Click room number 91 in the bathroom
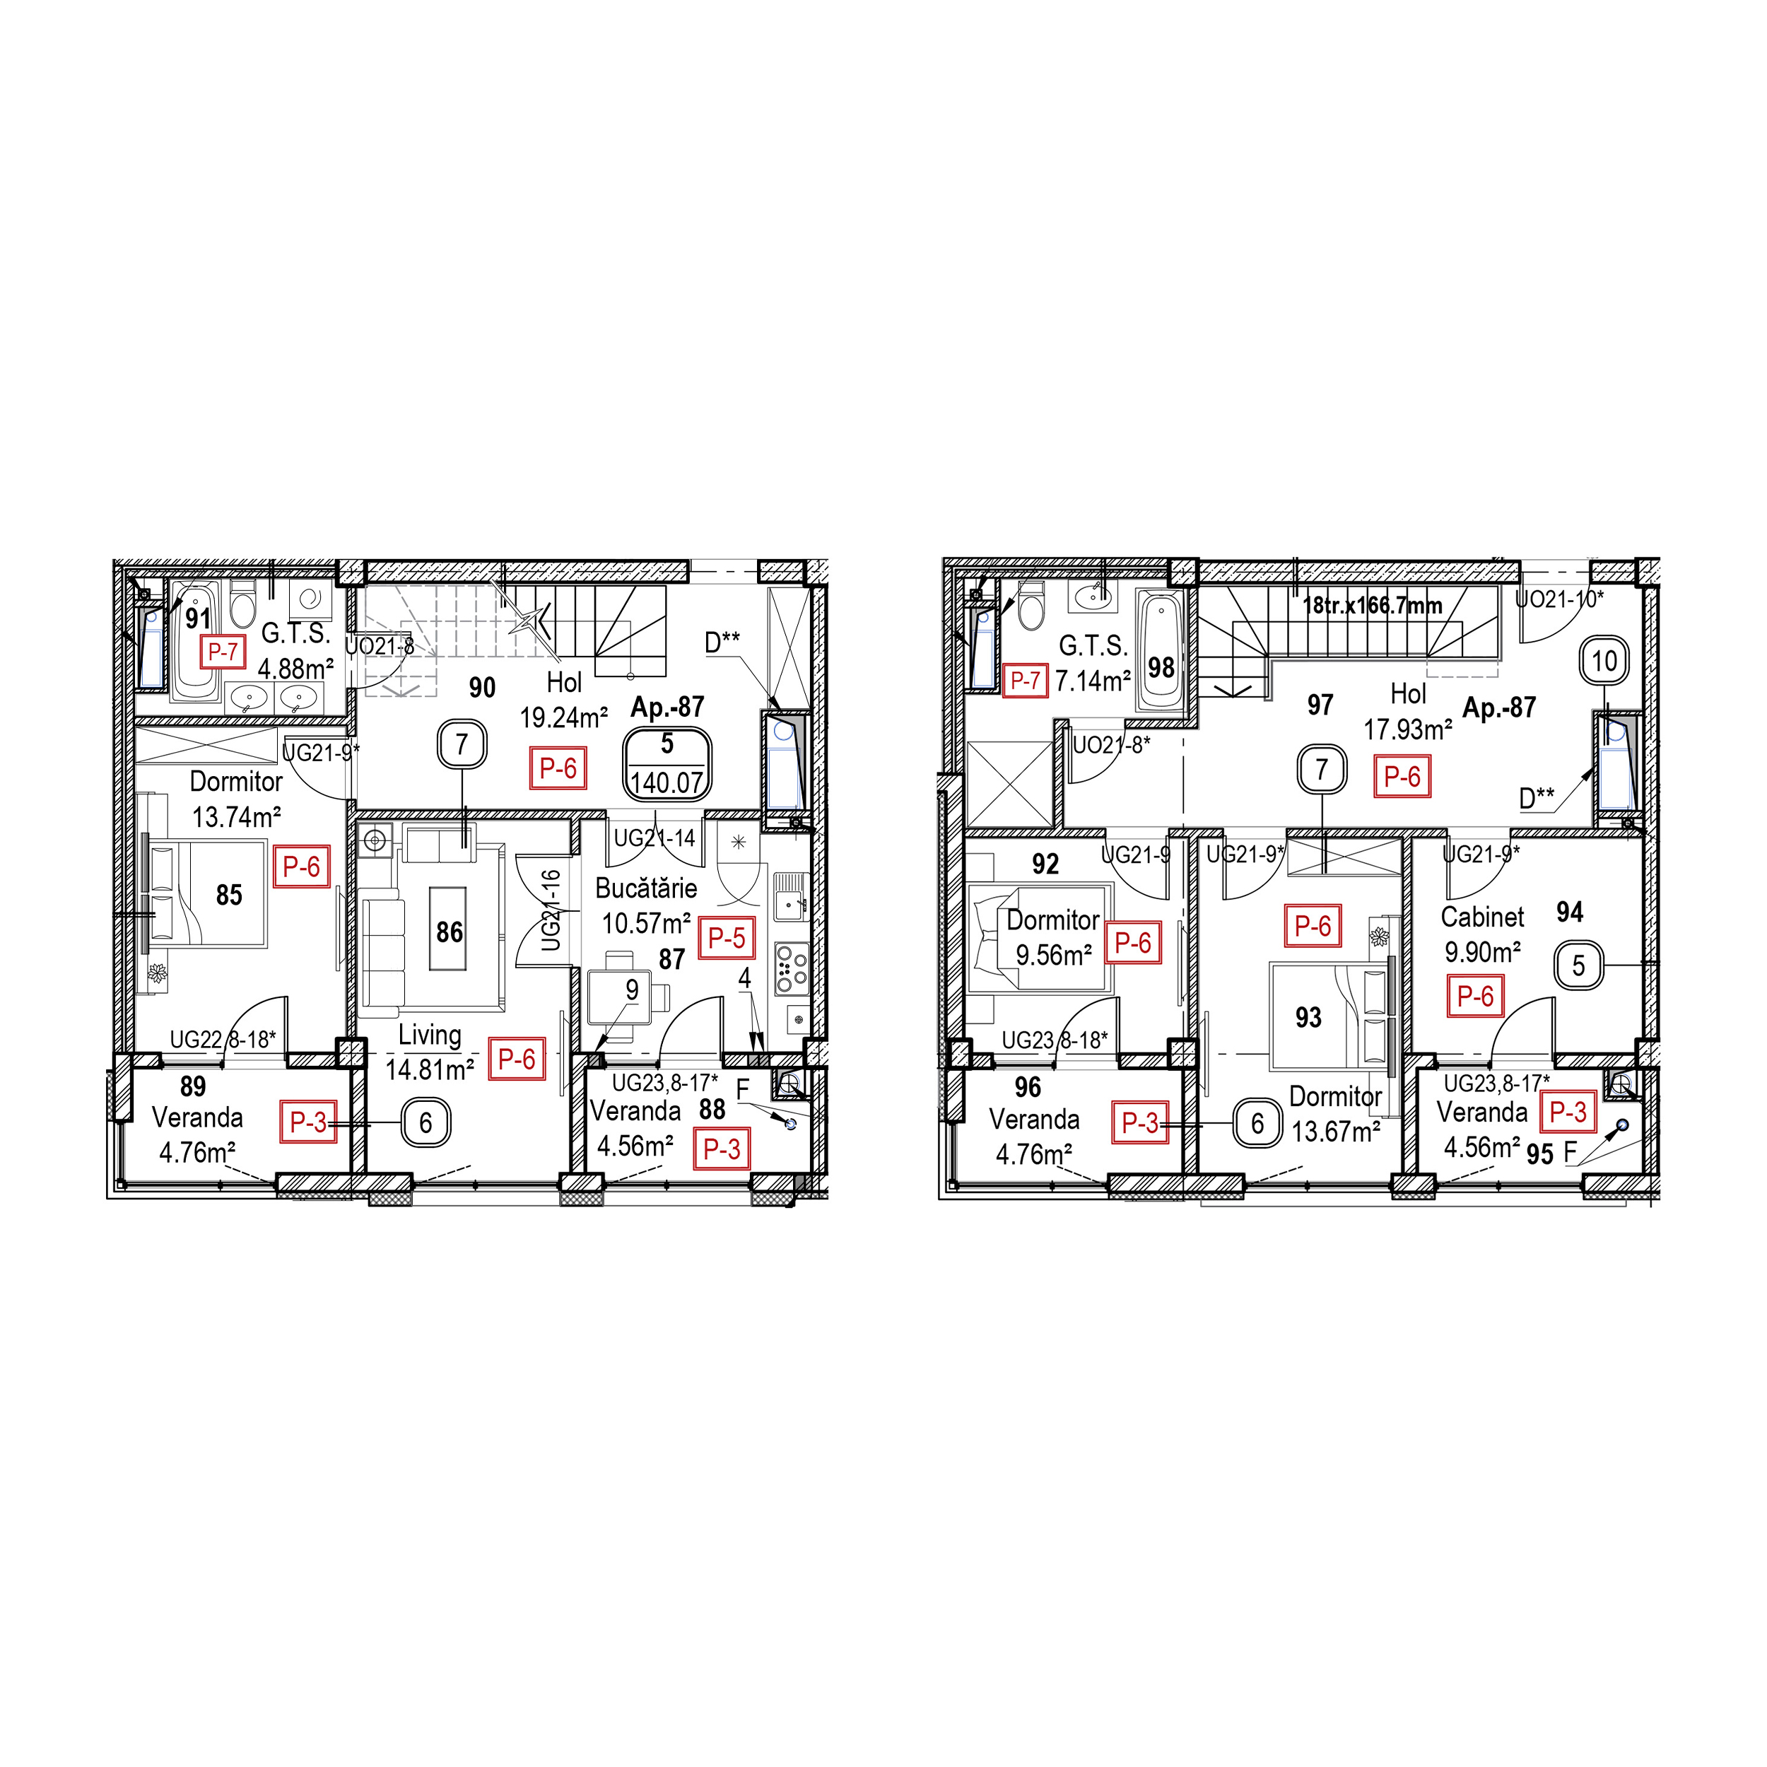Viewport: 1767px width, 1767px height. pyautogui.click(x=198, y=619)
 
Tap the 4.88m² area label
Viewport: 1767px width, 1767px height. pyautogui.click(x=295, y=669)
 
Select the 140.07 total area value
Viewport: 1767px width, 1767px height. pyautogui.click(x=667, y=783)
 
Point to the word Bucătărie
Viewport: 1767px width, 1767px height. pyautogui.click(x=646, y=888)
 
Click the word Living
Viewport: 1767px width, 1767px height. pyautogui.click(x=429, y=1035)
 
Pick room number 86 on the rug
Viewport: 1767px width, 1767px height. pyautogui.click(x=449, y=932)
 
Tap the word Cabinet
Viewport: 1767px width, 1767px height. pyautogui.click(x=1483, y=917)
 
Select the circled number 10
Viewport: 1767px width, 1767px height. pyautogui.click(x=1605, y=662)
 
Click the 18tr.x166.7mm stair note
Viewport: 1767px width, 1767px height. pyautogui.click(x=1372, y=606)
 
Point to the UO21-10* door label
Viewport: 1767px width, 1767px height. pyautogui.click(x=1559, y=600)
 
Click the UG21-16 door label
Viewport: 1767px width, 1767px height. pyautogui.click(x=551, y=910)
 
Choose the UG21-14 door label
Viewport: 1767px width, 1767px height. pyautogui.click(x=655, y=838)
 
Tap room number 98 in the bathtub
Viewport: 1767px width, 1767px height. pyautogui.click(x=1161, y=667)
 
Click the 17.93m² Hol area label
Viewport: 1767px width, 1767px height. pyautogui.click(x=1407, y=730)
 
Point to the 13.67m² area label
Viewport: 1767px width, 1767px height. pyautogui.click(x=1335, y=1132)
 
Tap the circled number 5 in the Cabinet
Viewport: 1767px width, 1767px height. pyautogui.click(x=1578, y=965)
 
